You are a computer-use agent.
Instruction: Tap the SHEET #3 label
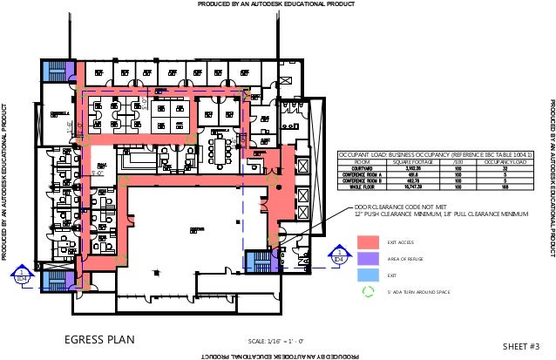pyautogui.click(x=522, y=346)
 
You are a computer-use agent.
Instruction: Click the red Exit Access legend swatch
pyautogui.click(x=368, y=241)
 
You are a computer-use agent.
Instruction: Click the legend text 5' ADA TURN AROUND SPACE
pyautogui.click(x=418, y=292)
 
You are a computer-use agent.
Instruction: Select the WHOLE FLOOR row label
pyautogui.click(x=356, y=186)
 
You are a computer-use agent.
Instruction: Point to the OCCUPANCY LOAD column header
pyautogui.click(x=506, y=160)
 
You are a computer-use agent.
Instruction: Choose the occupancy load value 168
pyautogui.click(x=506, y=186)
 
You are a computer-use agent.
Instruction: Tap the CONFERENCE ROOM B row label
pyautogui.click(x=356, y=180)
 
